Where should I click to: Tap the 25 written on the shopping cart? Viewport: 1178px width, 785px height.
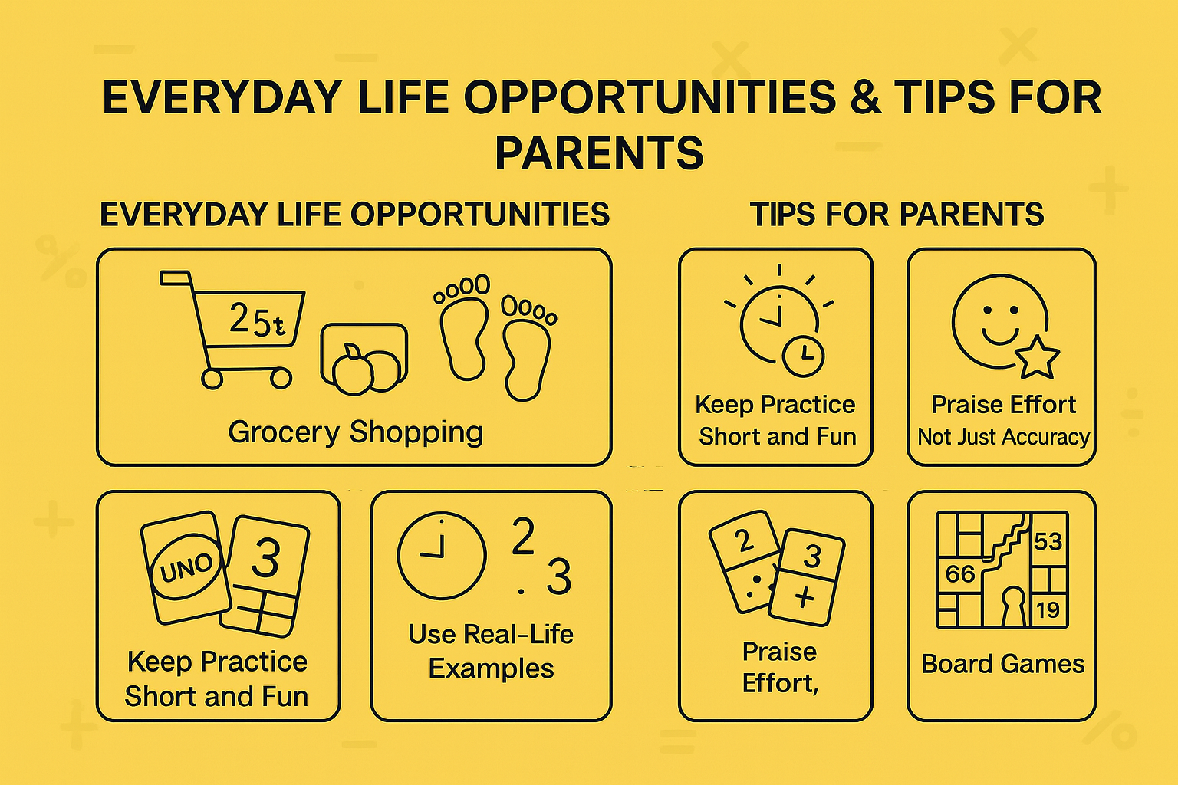click(249, 319)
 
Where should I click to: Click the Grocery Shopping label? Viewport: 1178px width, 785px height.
click(355, 432)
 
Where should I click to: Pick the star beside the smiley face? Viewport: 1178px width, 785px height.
click(1037, 357)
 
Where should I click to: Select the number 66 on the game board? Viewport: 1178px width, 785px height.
click(959, 574)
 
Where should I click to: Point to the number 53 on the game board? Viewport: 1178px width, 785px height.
click(1048, 542)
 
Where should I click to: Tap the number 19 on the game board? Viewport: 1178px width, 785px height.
click(1048, 610)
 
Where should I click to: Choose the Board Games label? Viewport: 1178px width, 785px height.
click(1002, 664)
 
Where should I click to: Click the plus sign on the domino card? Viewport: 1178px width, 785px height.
click(804, 597)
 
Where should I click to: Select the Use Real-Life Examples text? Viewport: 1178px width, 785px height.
click(491, 651)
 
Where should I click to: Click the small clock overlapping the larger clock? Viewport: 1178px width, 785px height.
click(803, 355)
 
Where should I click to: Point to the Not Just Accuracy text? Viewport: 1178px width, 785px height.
click(1003, 437)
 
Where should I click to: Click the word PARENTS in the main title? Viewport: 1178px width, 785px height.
click(599, 153)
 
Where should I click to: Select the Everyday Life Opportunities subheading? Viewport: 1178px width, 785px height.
click(354, 215)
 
